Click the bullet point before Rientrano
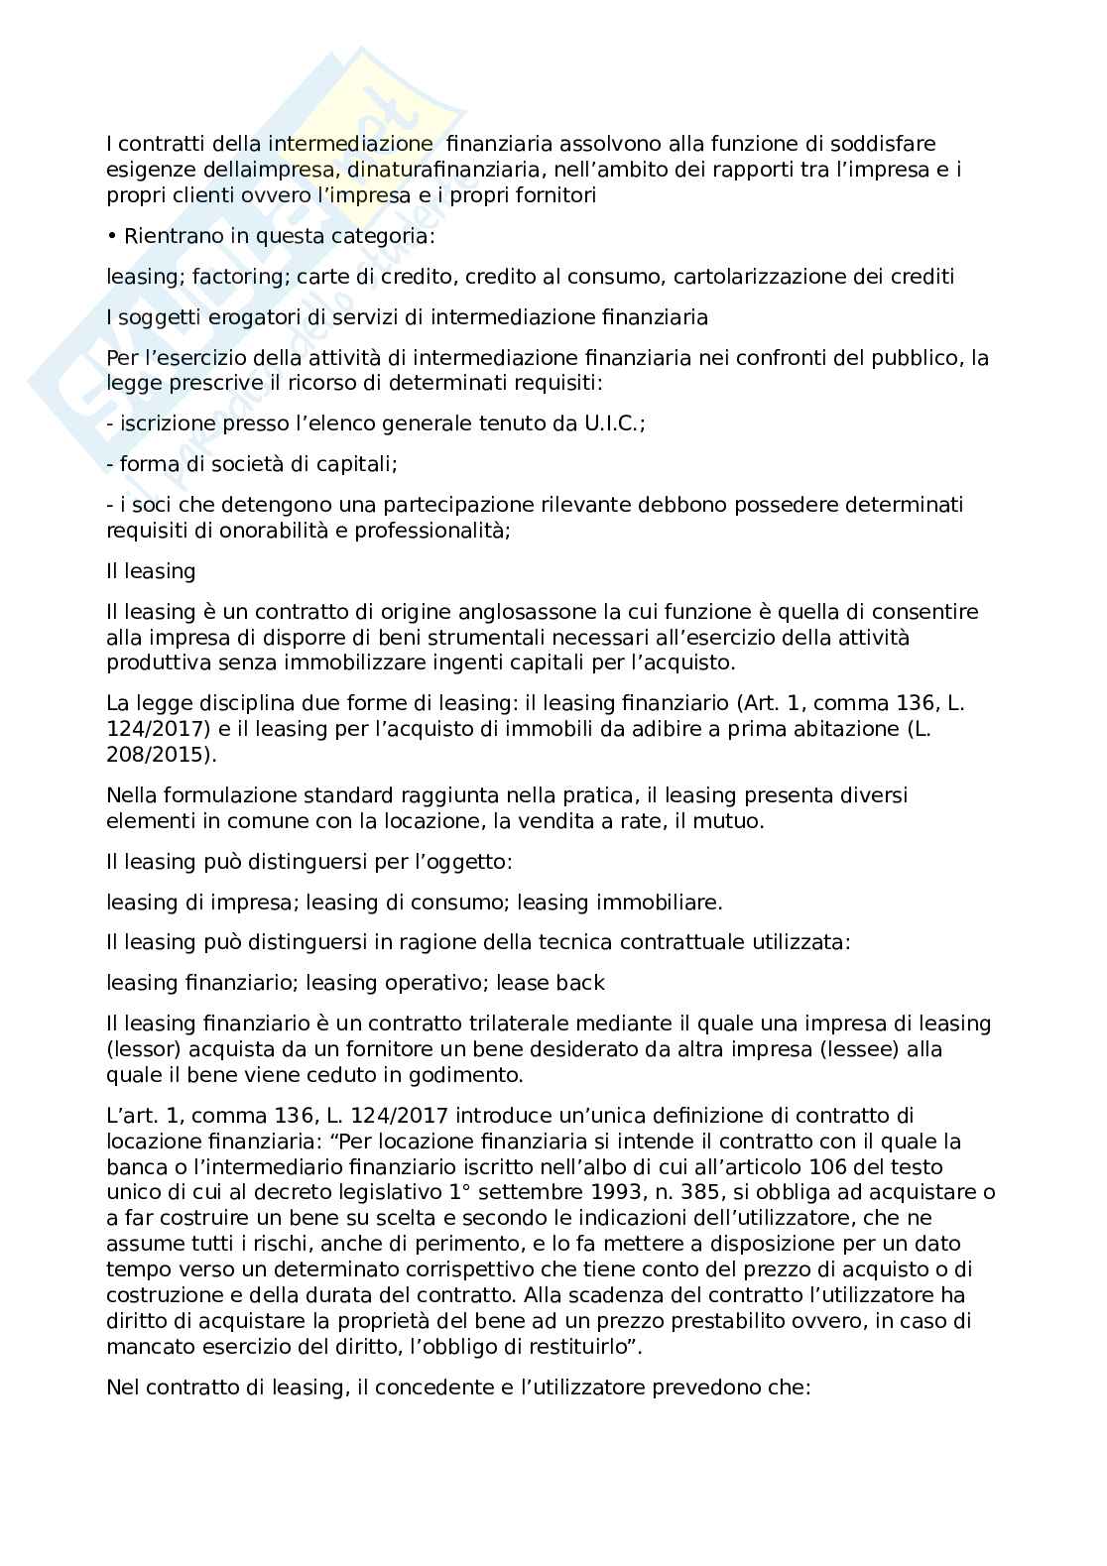click(x=111, y=236)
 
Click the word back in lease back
click(x=580, y=983)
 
